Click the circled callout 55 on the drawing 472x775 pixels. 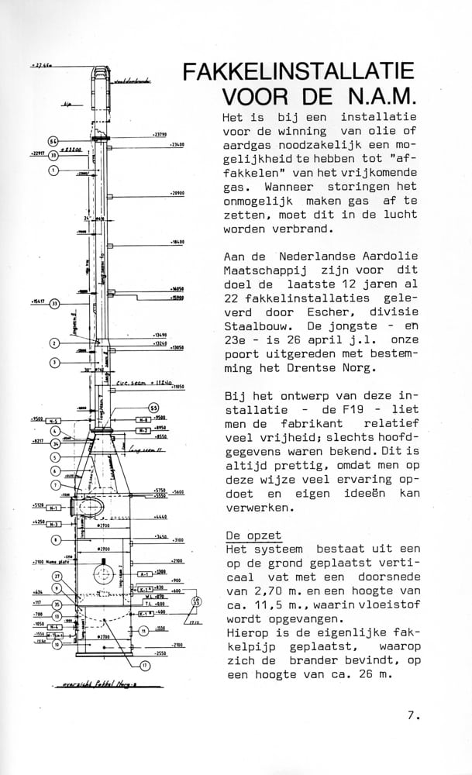[x=153, y=408]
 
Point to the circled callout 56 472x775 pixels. [x=53, y=141]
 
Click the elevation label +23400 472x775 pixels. [x=176, y=145]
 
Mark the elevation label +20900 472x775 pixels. [x=176, y=193]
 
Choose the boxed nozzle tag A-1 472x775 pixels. [x=144, y=573]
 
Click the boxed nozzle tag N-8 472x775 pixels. [x=143, y=418]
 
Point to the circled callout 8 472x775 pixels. [x=55, y=539]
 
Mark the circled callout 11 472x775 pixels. [x=143, y=631]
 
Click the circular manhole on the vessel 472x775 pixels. [x=102, y=575]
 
